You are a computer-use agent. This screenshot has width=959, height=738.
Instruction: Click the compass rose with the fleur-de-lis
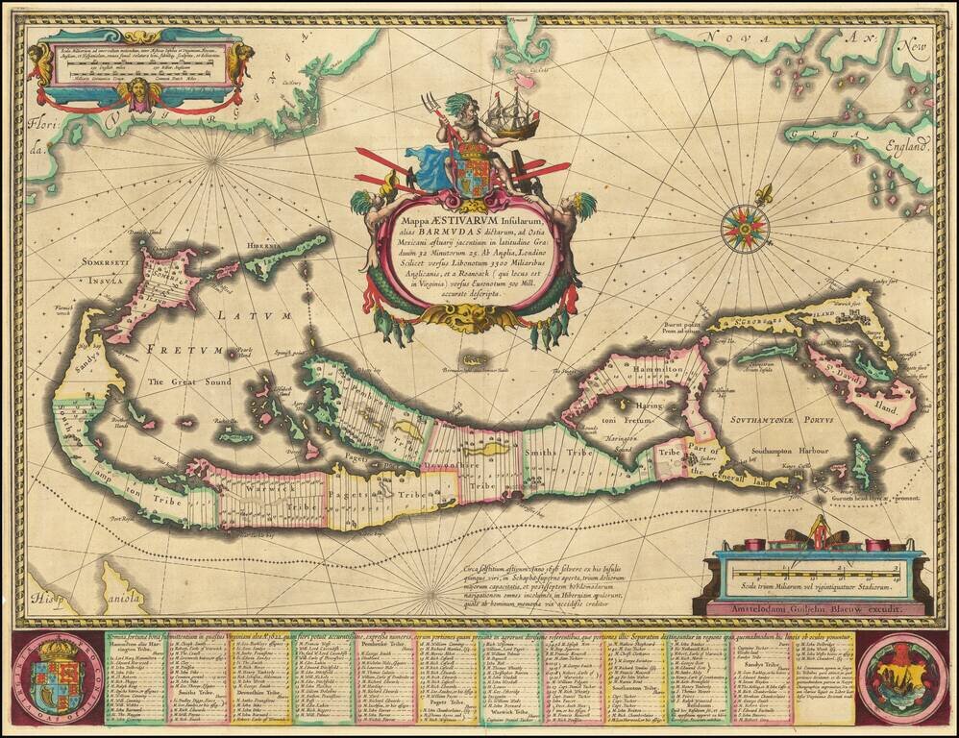click(766, 227)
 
